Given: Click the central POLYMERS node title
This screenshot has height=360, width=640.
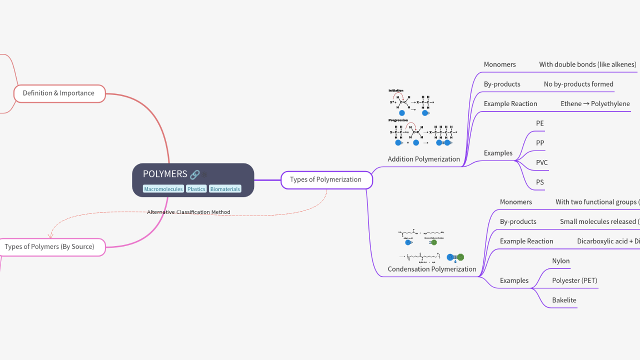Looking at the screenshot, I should pyautogui.click(x=165, y=174).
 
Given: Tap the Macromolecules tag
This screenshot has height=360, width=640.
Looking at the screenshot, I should pyautogui.click(x=163, y=189).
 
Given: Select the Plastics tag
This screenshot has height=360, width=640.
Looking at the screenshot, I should pyautogui.click(x=196, y=189).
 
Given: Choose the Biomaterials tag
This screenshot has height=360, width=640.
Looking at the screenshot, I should pyautogui.click(x=225, y=189).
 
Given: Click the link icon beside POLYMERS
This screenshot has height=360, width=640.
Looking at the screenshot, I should pyautogui.click(x=194, y=174).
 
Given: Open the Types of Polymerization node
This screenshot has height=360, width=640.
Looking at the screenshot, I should pyautogui.click(x=326, y=179).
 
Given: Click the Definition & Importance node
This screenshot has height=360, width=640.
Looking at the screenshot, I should pyautogui.click(x=59, y=93).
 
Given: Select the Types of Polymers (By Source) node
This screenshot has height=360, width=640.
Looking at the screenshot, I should pyautogui.click(x=50, y=247).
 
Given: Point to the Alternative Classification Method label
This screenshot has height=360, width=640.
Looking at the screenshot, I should pyautogui.click(x=188, y=212).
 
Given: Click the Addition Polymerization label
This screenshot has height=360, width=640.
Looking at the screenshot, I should pyautogui.click(x=423, y=159).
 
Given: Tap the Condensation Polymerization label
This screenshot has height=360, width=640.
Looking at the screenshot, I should pyautogui.click(x=432, y=269).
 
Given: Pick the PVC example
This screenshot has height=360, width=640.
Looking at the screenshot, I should pyautogui.click(x=541, y=163).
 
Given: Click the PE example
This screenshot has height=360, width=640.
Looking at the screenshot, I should pyautogui.click(x=539, y=123).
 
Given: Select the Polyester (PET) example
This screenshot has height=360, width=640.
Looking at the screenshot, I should pyautogui.click(x=574, y=281).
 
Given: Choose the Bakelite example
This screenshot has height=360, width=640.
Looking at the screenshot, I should pyautogui.click(x=564, y=300).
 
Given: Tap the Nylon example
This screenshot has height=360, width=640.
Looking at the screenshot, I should pyautogui.click(x=560, y=261).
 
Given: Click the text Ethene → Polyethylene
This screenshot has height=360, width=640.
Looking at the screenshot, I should pyautogui.click(x=595, y=104).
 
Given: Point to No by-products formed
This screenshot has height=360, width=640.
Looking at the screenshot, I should pyautogui.click(x=578, y=84).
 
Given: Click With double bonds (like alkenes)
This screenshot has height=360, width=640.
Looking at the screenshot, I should pyautogui.click(x=587, y=64).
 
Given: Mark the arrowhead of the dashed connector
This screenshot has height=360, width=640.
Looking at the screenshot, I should pyautogui.click(x=50, y=235).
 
